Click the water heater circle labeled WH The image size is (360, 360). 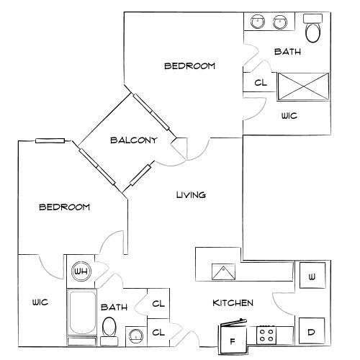coord(81,271)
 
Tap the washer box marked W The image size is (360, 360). coord(312,275)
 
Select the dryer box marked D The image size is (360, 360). coord(312,330)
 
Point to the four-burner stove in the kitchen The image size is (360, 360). coord(266,335)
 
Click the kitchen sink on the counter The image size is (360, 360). coord(223,272)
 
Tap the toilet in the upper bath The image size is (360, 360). coord(313,28)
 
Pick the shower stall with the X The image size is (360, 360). coord(304,86)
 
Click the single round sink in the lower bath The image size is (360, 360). coord(136,336)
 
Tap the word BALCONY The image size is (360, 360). coord(134,140)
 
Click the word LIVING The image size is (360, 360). coord(191,194)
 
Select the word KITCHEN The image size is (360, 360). coord(233,303)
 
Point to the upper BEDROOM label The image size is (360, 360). coord(189,66)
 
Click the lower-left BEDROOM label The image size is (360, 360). coord(65,207)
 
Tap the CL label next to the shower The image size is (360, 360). coord(261,83)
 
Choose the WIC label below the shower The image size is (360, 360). coord(289,116)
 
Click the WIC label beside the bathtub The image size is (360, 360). coord(40,302)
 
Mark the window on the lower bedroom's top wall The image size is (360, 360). coord(50,141)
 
